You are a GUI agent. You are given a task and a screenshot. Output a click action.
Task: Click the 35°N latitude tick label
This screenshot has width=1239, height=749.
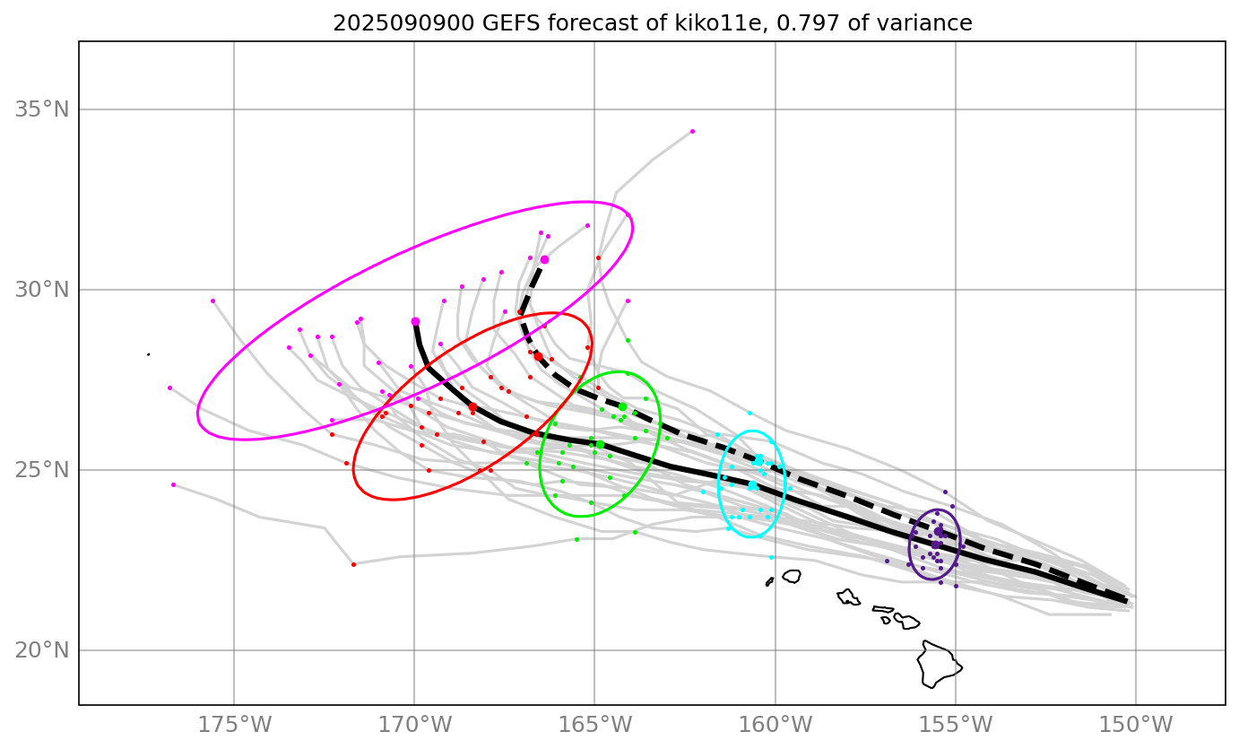coord(41,110)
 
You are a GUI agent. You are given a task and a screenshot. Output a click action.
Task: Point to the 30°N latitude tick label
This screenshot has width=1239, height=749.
coord(41,291)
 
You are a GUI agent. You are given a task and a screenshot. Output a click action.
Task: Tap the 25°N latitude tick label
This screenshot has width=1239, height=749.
coord(41,470)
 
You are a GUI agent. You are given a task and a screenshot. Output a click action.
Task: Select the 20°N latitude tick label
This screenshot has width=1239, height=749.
coord(41,650)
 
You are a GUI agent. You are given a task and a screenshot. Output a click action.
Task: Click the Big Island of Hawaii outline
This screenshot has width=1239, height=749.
coord(937,664)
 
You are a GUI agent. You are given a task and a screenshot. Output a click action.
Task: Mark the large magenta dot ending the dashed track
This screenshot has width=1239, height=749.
coord(544,259)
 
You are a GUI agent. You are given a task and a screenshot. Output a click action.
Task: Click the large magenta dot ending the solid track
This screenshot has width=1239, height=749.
coord(415,321)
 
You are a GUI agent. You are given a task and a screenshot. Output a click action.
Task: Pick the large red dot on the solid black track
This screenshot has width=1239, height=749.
coord(472,407)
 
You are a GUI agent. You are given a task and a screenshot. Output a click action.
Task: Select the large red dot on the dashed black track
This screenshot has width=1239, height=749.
coord(538,356)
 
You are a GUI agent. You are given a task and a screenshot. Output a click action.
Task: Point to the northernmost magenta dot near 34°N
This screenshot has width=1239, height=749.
coord(692,131)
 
